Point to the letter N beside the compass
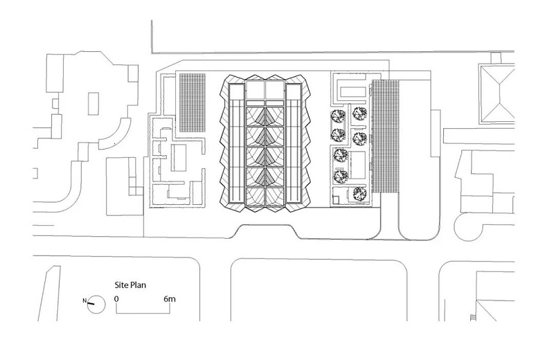pyautogui.click(x=84, y=301)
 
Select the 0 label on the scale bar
pyautogui.click(x=117, y=298)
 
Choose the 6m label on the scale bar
pyautogui.click(x=170, y=298)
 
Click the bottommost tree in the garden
pyautogui.click(x=357, y=193)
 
